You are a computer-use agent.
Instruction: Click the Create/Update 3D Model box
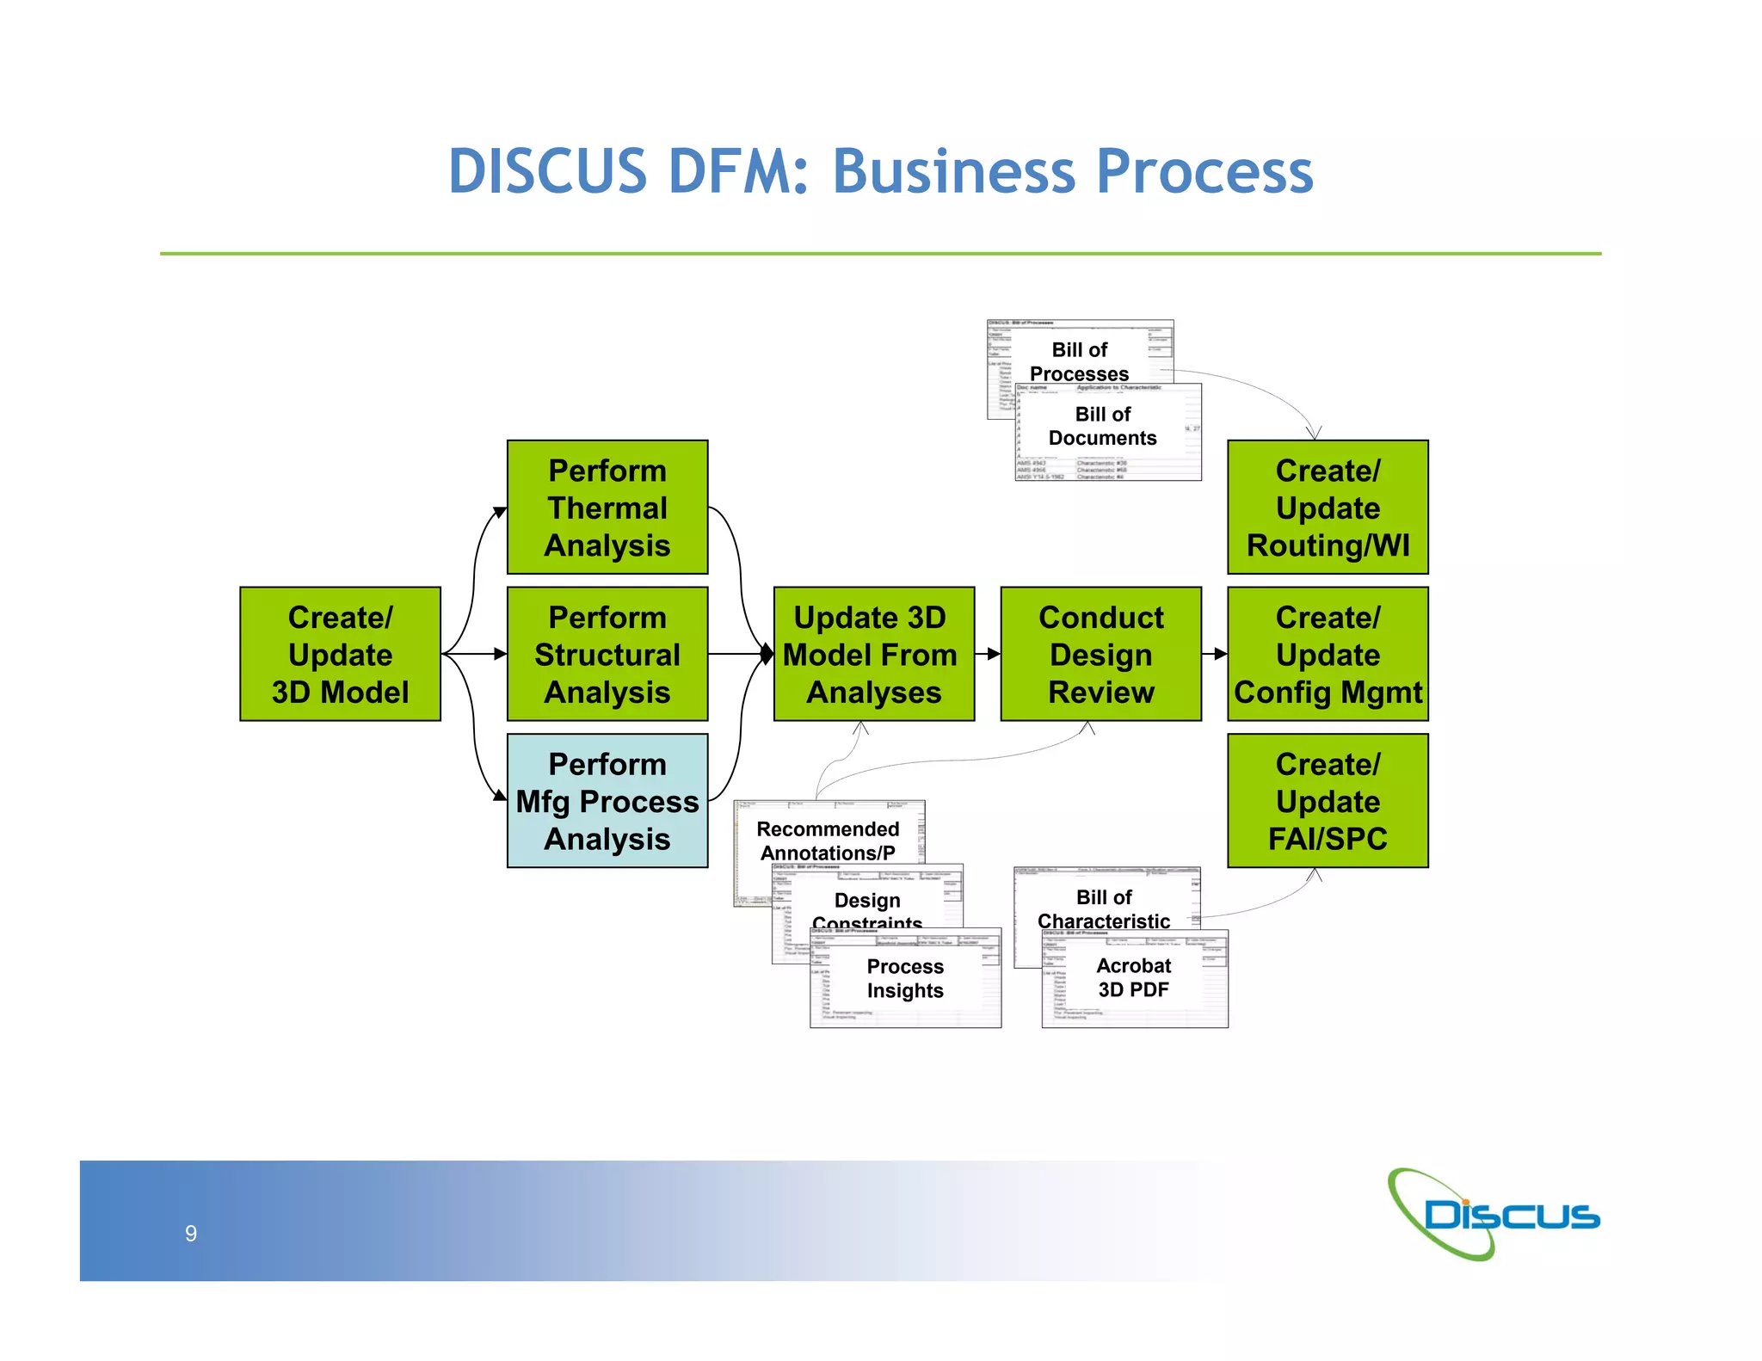click(340, 654)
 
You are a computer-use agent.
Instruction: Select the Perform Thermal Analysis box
click(607, 508)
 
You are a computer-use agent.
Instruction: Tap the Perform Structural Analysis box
click(607, 654)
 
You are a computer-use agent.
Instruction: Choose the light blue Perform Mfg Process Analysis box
click(607, 801)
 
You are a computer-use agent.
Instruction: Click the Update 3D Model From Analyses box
click(873, 654)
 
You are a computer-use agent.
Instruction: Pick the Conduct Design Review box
click(1100, 654)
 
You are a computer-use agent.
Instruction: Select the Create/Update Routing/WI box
click(1328, 508)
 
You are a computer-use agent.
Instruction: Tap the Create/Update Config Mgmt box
click(1328, 654)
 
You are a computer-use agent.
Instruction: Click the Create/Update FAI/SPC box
click(1328, 801)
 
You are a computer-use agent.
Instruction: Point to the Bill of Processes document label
click(1079, 361)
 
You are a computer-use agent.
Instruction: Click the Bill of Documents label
click(1102, 426)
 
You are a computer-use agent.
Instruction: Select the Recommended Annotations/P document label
click(828, 841)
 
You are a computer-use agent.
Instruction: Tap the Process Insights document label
click(905, 978)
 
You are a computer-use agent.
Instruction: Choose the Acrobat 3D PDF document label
click(1133, 977)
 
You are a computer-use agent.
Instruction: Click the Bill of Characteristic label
click(1104, 909)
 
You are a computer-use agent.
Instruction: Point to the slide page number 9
click(191, 1234)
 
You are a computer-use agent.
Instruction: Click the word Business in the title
click(954, 171)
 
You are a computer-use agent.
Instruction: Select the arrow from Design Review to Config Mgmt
click(1214, 654)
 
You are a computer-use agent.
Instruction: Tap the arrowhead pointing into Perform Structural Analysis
click(501, 654)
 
